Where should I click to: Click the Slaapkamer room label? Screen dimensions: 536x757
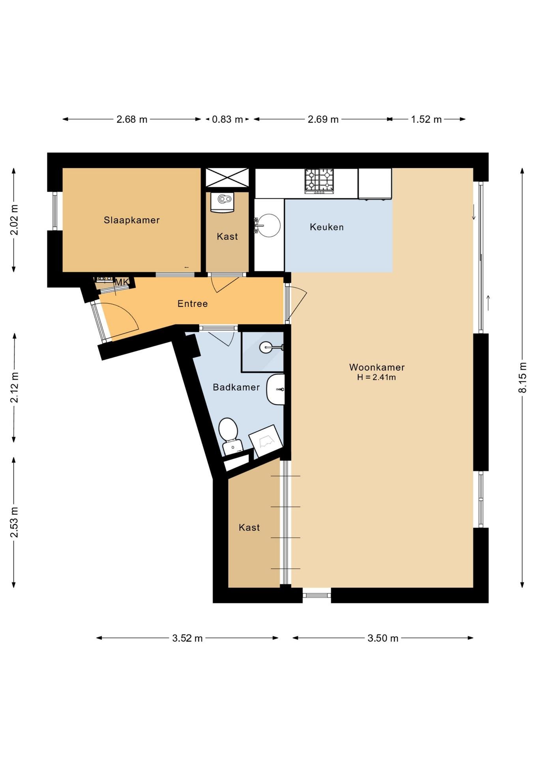coord(132,220)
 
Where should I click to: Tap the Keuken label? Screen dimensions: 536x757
coord(327,227)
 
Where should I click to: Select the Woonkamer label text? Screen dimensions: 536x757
coord(377,367)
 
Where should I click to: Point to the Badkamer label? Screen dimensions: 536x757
coord(236,387)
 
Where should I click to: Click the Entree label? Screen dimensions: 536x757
coord(193,304)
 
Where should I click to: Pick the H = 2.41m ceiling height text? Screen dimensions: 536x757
coord(377,377)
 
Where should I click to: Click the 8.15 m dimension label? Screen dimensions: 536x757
coord(523,377)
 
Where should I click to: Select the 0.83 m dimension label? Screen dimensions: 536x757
coord(227,119)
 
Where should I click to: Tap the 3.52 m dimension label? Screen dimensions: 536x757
coord(187,638)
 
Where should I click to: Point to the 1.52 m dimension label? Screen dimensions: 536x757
coord(426,119)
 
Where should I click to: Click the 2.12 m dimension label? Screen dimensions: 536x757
coord(14,388)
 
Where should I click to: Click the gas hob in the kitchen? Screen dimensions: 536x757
coord(319,181)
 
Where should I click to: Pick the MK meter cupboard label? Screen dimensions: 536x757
coord(122,282)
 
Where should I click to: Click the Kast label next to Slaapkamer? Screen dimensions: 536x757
coord(227,237)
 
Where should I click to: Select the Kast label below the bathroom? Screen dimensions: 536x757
coord(249,528)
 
